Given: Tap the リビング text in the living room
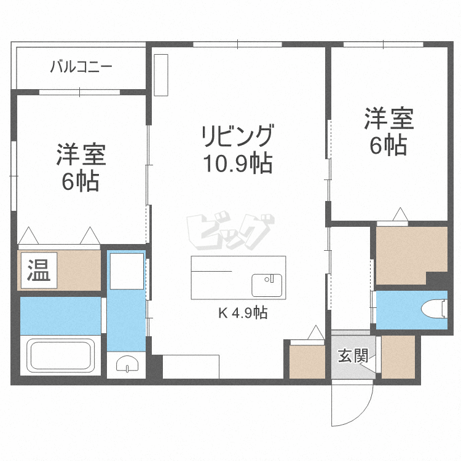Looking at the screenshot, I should tap(237, 136).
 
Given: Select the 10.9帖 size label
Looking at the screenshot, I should tap(237, 163).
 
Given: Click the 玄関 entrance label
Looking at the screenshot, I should tap(352, 356).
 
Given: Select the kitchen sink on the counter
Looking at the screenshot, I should tap(267, 285).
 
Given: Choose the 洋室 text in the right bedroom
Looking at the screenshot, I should tap(388, 119).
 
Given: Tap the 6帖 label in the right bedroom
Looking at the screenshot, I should tap(388, 146).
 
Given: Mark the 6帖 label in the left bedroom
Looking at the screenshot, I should tap(81, 183).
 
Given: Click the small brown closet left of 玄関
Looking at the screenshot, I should tap(307, 361).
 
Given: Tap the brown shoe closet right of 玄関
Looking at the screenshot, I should tap(398, 356).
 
